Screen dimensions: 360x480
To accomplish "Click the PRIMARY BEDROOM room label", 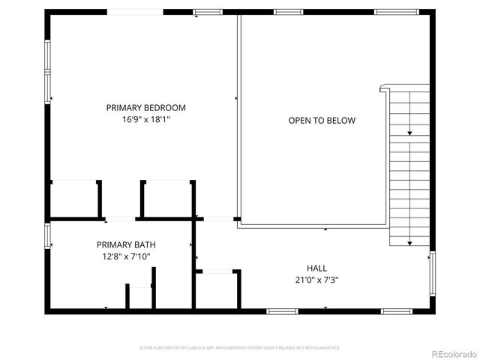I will pyautogui.click(x=145, y=107).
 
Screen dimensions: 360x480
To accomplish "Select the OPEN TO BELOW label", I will pyautogui.click(x=322, y=120).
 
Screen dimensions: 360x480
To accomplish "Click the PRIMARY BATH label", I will pyautogui.click(x=126, y=244).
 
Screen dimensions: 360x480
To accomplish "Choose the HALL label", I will pyautogui.click(x=316, y=268).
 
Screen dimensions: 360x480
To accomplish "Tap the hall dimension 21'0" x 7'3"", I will pyautogui.click(x=316, y=280).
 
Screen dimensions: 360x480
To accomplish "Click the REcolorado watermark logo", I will pyautogui.click(x=452, y=352).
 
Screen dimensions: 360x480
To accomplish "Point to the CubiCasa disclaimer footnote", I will pyautogui.click(x=240, y=348).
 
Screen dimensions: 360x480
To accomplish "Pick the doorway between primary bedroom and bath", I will pyautogui.click(x=120, y=219).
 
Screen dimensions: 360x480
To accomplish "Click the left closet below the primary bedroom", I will pyautogui.click(x=75, y=199).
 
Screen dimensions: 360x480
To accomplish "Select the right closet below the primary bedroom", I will pyautogui.click(x=167, y=199).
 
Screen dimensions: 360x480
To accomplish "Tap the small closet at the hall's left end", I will pyautogui.click(x=217, y=289).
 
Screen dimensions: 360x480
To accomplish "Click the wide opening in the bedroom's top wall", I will pyautogui.click(x=136, y=12).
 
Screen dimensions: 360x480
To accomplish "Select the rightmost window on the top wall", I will pyautogui.click(x=396, y=12).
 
